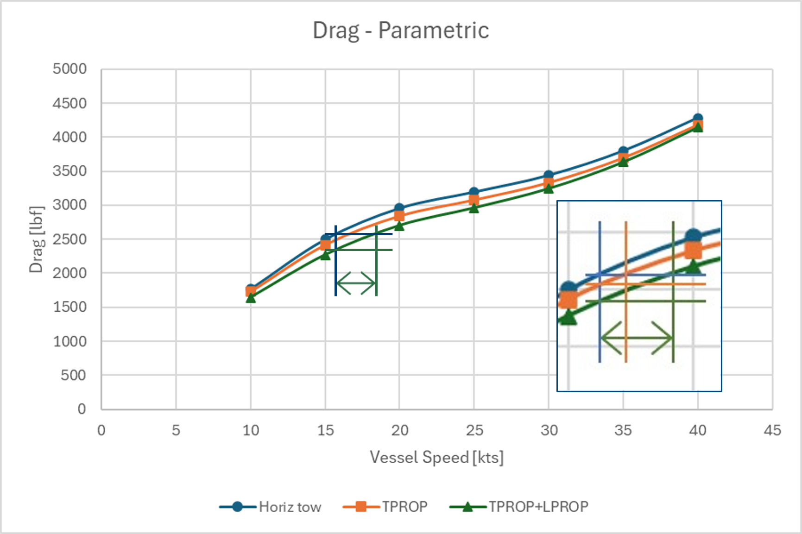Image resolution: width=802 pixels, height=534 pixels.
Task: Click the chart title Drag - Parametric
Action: pos(401,31)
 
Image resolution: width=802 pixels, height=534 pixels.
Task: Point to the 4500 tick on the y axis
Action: pos(69,103)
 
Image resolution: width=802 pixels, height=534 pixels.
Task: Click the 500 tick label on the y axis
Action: pos(73,375)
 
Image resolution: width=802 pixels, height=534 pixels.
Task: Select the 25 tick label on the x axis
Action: pos(474,430)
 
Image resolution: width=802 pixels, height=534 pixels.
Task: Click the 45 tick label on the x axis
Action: pos(772,430)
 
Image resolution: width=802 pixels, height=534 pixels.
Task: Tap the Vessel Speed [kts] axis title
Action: pos(436,458)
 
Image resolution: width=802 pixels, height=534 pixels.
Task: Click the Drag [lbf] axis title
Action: pos(36,239)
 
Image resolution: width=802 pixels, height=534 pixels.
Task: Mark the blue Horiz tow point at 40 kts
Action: pos(697,119)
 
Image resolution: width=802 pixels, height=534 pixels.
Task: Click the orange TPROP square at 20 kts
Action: pos(399,216)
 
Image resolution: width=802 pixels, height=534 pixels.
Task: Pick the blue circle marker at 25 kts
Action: pos(474,192)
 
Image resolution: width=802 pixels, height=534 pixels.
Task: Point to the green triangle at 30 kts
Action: pos(549,188)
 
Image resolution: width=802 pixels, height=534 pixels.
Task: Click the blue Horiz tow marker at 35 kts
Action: pos(623,151)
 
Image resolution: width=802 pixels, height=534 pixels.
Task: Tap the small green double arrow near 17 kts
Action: pos(355,283)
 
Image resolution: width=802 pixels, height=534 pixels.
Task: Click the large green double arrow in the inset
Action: pos(637,338)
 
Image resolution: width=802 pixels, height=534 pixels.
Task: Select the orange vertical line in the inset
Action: pos(625,324)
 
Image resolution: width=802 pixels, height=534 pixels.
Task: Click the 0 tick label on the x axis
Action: pos(101,430)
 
